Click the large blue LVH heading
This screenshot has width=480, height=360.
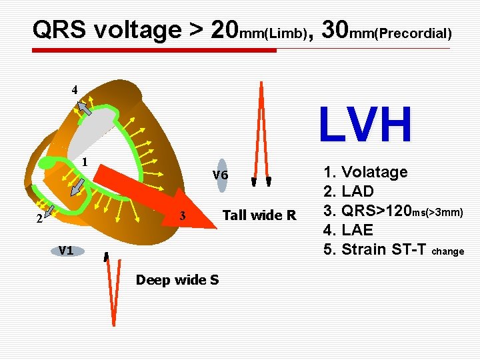[365, 125]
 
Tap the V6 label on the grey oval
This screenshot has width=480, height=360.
[221, 175]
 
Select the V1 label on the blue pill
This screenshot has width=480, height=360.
[65, 251]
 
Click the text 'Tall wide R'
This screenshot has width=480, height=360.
[259, 215]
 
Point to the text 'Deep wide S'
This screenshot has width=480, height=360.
[177, 280]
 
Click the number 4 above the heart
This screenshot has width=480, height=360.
[75, 89]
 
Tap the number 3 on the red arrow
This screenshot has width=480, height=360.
[183, 216]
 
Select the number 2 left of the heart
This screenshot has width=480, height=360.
[39, 217]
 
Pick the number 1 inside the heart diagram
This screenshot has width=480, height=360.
[85, 161]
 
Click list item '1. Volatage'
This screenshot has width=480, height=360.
[365, 172]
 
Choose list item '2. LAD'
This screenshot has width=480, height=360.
[348, 192]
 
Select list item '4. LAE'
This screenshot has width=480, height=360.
[347, 230]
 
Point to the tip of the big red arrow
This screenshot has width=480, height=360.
[217, 227]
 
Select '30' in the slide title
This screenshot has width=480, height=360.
[338, 29]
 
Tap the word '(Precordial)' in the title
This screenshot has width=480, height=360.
[413, 33]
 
